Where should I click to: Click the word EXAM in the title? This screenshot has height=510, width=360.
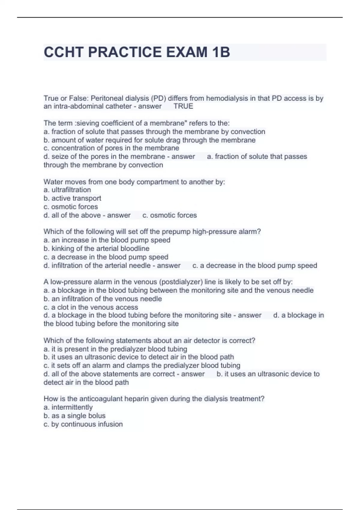pos(186,52)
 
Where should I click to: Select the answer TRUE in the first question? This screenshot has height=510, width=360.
pos(183,106)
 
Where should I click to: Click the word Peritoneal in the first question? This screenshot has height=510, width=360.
pos(107,98)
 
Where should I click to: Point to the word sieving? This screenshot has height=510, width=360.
pos(88,123)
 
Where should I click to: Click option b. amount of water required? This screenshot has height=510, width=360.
pos(149,140)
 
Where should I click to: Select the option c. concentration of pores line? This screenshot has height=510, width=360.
pos(111,148)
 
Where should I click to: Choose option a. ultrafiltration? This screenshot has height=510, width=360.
pos(67,190)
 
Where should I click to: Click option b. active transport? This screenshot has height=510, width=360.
pos(72,198)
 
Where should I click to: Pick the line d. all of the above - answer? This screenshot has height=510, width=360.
pos(87,215)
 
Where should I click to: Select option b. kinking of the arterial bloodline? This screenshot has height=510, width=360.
pos(96,248)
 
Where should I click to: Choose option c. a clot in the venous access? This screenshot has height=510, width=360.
pos(91,307)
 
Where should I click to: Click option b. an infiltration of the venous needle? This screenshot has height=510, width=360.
pos(103,299)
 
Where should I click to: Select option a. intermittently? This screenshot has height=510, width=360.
pos(68,407)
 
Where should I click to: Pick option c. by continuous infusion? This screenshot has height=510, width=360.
pos(83,424)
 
